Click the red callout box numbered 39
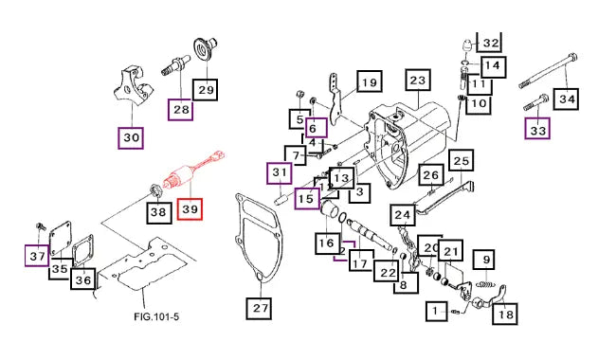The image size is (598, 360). (190, 209)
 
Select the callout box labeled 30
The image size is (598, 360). (131, 137)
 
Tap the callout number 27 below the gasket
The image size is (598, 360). (261, 307)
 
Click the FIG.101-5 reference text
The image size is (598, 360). (156, 316)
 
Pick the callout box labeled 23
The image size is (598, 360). (418, 81)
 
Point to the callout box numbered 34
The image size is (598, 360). (567, 99)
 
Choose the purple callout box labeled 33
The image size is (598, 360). (537, 128)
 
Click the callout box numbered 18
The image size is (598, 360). (505, 314)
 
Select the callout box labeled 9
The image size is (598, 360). (484, 261)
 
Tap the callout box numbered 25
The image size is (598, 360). (462, 160)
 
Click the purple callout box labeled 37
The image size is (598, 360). (37, 256)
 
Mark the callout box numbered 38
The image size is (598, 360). (158, 211)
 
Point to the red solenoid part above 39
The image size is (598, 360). (193, 171)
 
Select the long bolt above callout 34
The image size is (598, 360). (548, 71)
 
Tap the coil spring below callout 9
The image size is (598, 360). (486, 284)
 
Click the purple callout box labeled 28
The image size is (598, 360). (181, 110)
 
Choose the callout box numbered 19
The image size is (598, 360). (370, 82)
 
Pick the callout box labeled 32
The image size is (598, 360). (491, 42)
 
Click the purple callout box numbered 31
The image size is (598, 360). (280, 173)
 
